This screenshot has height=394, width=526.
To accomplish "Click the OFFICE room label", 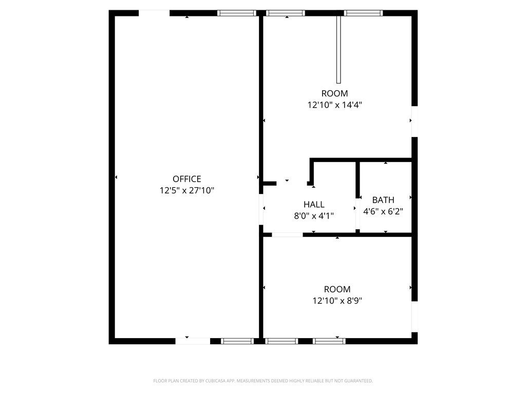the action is pos(187,179).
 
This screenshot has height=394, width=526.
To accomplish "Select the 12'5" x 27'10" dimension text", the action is pos(187,191).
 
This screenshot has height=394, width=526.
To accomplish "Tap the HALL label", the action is pos(314,204).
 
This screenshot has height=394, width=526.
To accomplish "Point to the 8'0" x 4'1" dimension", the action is pos(314,216).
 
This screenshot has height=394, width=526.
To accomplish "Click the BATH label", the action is pos(383,200).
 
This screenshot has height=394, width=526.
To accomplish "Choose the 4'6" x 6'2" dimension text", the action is pos(383,211).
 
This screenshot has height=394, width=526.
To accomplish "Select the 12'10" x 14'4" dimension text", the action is pos(335,105).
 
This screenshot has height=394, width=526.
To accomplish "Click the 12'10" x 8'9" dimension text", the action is pos(337,301).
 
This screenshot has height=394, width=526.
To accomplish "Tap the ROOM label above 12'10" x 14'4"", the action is pos(335,93).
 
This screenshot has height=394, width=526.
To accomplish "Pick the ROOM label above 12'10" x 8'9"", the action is pos(337,289).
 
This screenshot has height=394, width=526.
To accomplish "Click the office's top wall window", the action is pos(236,13).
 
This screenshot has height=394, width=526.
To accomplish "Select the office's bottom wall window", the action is pos(237,341).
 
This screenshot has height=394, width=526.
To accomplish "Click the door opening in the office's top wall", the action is pos(154,13).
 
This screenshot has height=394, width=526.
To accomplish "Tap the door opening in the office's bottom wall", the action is pos(193,341).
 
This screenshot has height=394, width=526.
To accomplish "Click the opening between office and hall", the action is pos(260,209).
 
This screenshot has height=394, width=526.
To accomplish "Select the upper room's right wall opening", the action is pos(415,121).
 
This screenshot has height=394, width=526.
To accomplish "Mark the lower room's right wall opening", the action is pos(415,317).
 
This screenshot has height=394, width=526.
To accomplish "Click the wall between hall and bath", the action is pos(358,198).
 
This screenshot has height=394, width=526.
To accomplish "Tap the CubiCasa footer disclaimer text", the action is pos(263,381).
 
